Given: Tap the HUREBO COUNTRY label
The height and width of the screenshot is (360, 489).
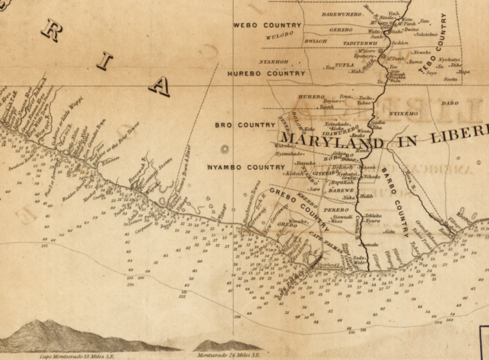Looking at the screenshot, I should tap(266, 73).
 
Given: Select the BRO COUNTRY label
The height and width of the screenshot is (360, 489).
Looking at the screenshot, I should tap(244, 125).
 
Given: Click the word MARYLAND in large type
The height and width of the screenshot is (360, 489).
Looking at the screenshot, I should tap(325, 140).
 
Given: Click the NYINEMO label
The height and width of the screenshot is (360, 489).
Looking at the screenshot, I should tap(405, 113).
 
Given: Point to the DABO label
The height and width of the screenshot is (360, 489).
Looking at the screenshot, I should tap(450, 103).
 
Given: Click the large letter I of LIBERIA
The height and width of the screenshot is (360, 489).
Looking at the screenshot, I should tap(104, 60).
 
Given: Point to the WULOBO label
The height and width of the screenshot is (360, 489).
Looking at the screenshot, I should tap(279, 34).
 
